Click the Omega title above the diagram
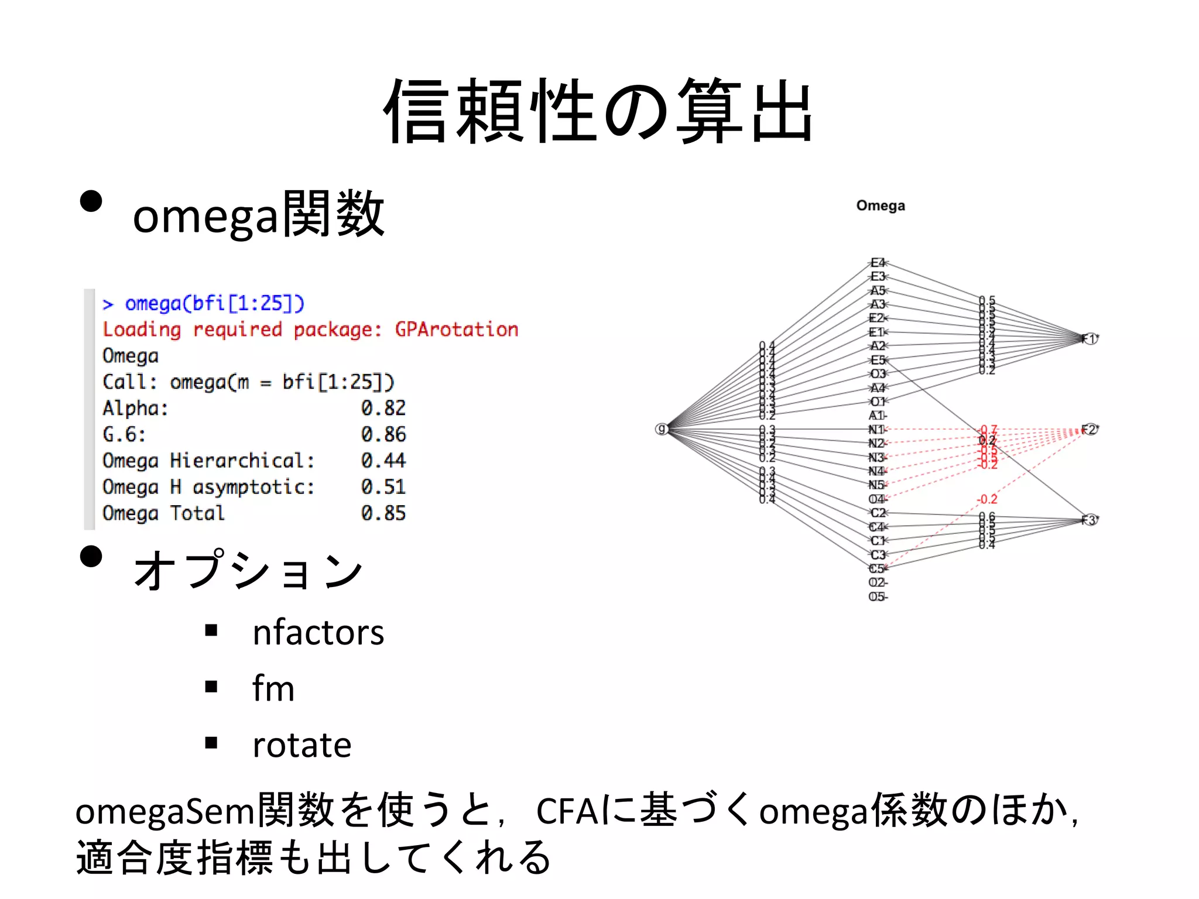pyautogui.click(x=880, y=205)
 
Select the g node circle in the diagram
pyautogui.click(x=662, y=430)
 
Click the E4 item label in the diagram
pyautogui.click(x=878, y=263)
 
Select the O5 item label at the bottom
pyautogui.click(x=877, y=597)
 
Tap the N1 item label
pyautogui.click(x=877, y=430)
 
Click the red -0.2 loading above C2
pyautogui.click(x=987, y=499)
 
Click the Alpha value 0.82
pyautogui.click(x=383, y=408)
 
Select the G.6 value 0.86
pyautogui.click(x=383, y=434)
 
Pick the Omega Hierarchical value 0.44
pyautogui.click(x=383, y=461)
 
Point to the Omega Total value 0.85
pyautogui.click(x=383, y=513)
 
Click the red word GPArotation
pyautogui.click(x=457, y=330)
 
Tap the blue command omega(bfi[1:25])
pyautogui.click(x=214, y=303)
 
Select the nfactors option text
pyautogui.click(x=318, y=633)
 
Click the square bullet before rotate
pyautogui.click(x=211, y=743)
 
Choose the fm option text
pyautogui.click(x=273, y=688)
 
